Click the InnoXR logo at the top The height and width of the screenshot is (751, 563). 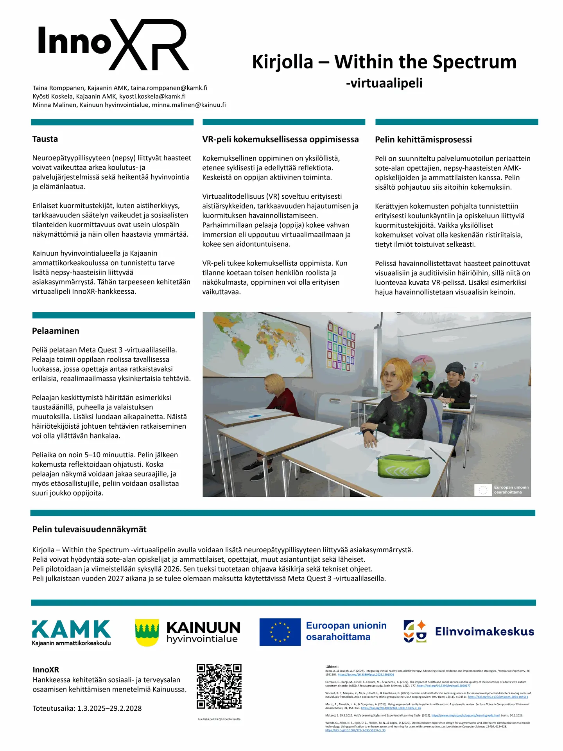click(113, 44)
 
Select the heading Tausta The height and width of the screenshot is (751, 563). click(45, 139)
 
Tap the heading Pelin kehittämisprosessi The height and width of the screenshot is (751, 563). click(423, 140)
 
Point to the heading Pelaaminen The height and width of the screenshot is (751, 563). click(56, 331)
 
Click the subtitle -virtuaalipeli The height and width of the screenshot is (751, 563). click(384, 83)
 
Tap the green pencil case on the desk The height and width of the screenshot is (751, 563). click(403, 465)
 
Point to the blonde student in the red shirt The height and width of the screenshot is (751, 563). click(278, 395)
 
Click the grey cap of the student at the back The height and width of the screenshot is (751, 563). click(454, 367)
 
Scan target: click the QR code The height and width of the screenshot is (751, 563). click(219, 686)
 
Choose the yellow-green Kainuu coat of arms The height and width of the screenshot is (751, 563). click(147, 632)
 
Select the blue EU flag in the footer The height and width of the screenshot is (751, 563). click(280, 632)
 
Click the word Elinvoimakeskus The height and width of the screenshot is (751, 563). click(484, 631)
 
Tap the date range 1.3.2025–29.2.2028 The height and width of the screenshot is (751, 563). click(109, 708)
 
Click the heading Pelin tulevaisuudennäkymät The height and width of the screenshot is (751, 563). click(90, 529)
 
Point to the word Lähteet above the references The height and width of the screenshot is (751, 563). click(332, 667)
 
